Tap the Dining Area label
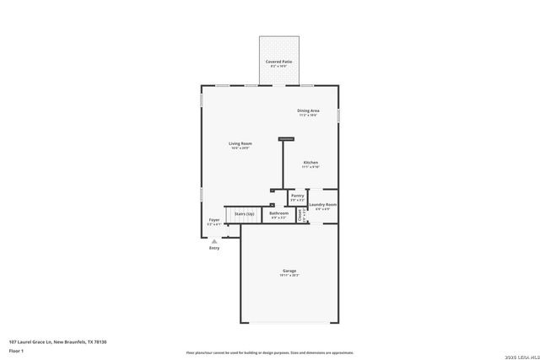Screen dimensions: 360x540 pyautogui.click(x=308, y=110)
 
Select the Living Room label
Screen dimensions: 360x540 pyautogui.click(x=240, y=143)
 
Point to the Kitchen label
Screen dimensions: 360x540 pyautogui.click(x=310, y=162)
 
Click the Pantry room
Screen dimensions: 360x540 pyautogui.click(x=297, y=197)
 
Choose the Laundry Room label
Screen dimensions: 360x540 pyautogui.click(x=323, y=205)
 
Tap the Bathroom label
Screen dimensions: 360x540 pyautogui.click(x=278, y=213)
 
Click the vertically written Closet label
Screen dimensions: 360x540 pyautogui.click(x=304, y=215)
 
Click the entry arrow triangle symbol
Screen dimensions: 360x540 pyautogui.click(x=213, y=241)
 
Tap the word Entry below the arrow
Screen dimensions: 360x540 pyautogui.click(x=213, y=248)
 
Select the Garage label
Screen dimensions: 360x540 pyautogui.click(x=289, y=271)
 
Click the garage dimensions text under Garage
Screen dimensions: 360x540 pyautogui.click(x=289, y=276)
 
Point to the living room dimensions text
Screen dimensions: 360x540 pyautogui.click(x=240, y=148)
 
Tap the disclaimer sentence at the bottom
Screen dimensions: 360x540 pyautogui.click(x=269, y=352)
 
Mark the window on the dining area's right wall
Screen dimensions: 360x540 pyautogui.click(x=338, y=115)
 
